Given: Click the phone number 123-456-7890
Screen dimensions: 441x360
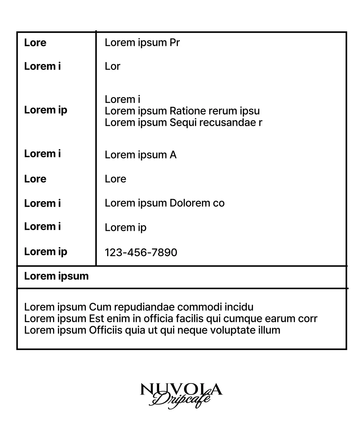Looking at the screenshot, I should point(141,252).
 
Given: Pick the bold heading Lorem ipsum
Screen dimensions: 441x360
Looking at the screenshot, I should point(56,276).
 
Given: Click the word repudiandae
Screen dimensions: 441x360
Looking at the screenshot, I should point(144,307).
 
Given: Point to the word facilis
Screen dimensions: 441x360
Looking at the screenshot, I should point(189,319).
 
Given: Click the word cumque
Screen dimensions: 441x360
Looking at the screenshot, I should point(243,319).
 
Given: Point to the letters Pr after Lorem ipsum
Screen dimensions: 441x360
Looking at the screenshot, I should point(174,42).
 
